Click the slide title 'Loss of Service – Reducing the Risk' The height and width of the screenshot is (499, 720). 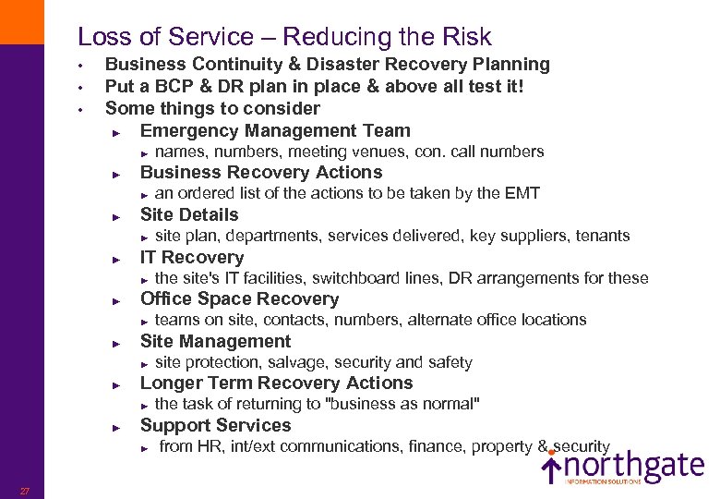tap(284, 37)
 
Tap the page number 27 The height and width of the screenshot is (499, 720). tap(26, 491)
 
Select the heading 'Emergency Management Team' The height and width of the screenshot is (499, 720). tap(274, 130)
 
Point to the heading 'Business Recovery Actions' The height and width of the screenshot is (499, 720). tap(260, 172)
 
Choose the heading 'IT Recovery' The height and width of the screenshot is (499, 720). tap(191, 257)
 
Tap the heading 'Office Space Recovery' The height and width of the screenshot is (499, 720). tap(239, 298)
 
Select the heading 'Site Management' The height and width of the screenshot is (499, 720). tap(215, 341)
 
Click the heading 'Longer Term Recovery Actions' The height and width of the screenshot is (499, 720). tap(276, 383)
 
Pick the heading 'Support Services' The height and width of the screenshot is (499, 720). tap(215, 425)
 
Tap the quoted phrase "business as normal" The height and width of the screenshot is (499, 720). tap(399, 404)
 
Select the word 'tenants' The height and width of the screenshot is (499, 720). tap(603, 236)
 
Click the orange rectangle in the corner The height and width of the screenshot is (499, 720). tap(21, 21)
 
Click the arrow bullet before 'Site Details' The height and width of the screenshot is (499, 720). tap(116, 215)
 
